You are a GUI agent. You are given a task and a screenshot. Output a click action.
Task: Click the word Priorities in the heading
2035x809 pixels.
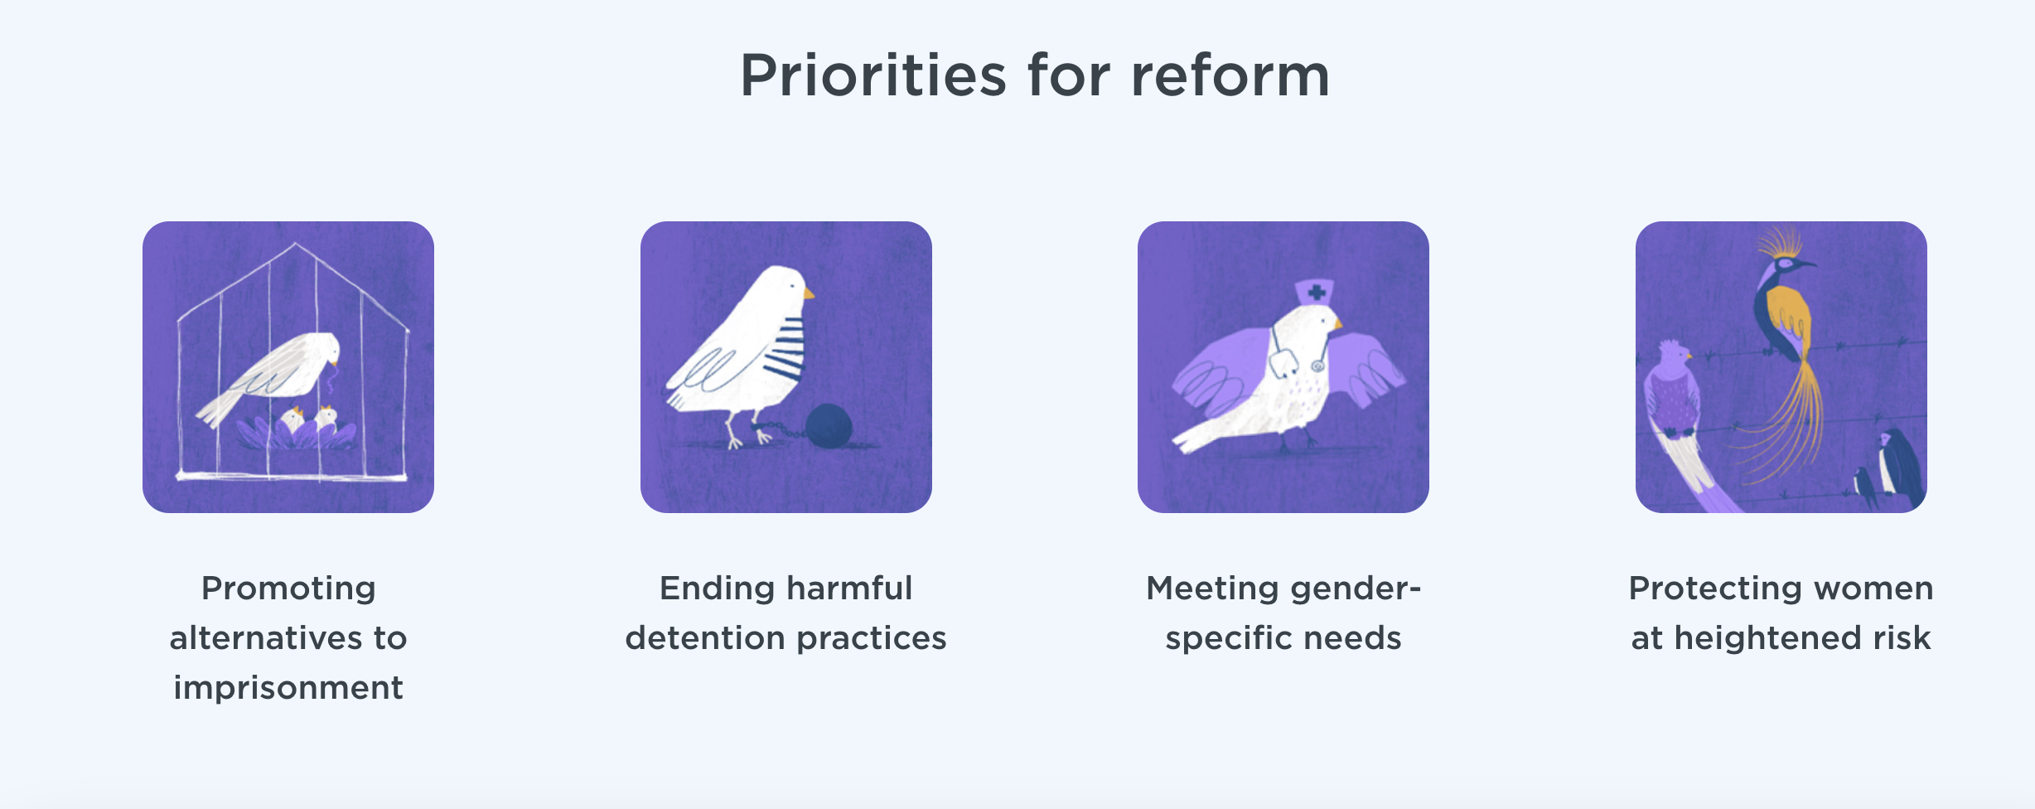coord(873,76)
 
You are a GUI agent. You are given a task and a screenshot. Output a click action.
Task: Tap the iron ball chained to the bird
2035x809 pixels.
coord(829,426)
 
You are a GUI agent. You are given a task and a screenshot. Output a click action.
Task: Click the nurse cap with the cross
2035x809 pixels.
coord(1314,293)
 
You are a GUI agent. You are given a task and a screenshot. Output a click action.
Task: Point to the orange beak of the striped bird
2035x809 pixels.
coord(809,293)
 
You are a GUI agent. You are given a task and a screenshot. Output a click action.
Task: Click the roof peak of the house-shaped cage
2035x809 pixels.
coord(296,244)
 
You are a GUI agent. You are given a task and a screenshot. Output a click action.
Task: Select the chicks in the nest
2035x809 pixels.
coord(308,418)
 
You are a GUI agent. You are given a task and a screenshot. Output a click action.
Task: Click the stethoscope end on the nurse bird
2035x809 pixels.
coord(1317,365)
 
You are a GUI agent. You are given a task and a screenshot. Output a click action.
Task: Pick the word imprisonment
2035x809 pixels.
coord(288,688)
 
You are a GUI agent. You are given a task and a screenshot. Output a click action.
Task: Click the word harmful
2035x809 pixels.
coord(849,589)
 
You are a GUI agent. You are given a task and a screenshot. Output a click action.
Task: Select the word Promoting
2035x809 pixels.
coord(288,589)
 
